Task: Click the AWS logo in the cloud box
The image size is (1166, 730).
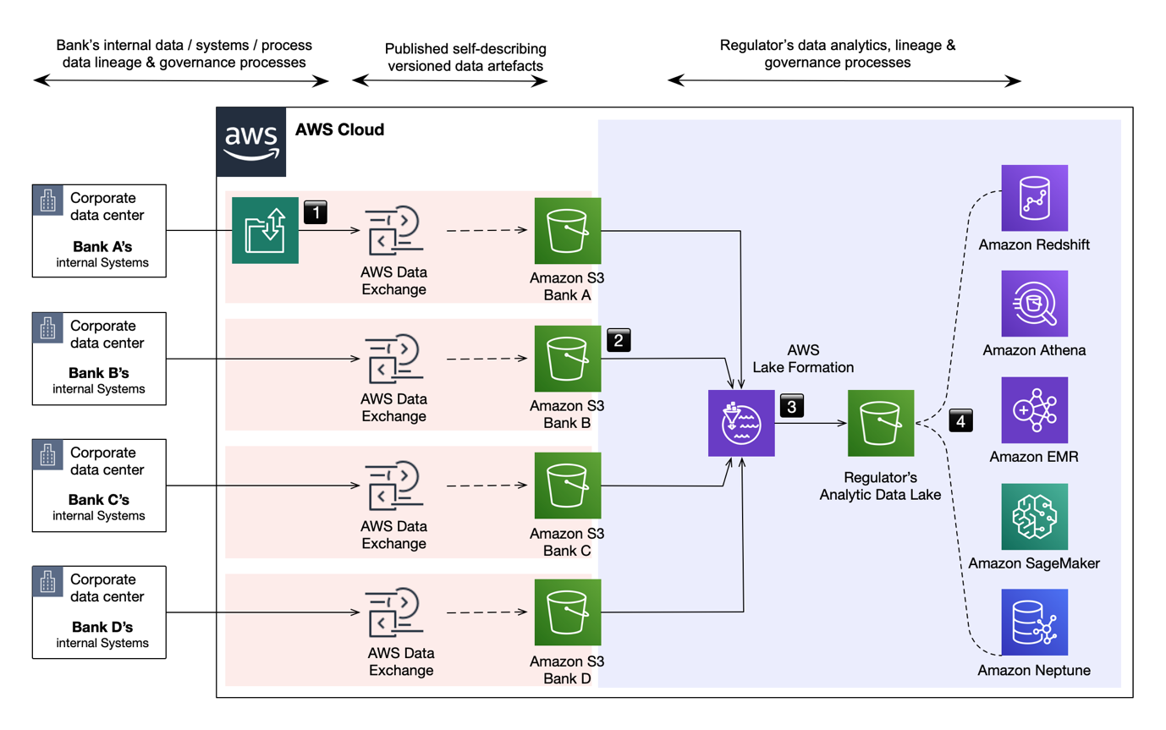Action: [251, 142]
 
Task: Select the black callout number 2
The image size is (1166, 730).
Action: [619, 340]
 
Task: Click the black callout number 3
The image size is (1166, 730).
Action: [791, 405]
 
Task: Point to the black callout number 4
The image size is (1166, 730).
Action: [961, 419]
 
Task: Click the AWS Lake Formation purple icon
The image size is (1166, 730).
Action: [741, 424]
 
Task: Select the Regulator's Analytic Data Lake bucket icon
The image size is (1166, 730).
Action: [881, 424]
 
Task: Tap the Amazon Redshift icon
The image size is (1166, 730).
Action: [1034, 198]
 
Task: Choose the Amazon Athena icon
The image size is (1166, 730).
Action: [1034, 304]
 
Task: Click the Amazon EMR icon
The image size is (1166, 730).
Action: [1034, 410]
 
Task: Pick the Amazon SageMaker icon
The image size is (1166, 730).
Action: [1034, 517]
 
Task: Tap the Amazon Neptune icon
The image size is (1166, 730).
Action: [1034, 623]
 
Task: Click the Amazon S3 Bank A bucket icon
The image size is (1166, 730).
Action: [568, 231]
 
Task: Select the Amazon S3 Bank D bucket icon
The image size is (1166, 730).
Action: [568, 612]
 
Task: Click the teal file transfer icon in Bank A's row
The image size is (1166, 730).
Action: [266, 231]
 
